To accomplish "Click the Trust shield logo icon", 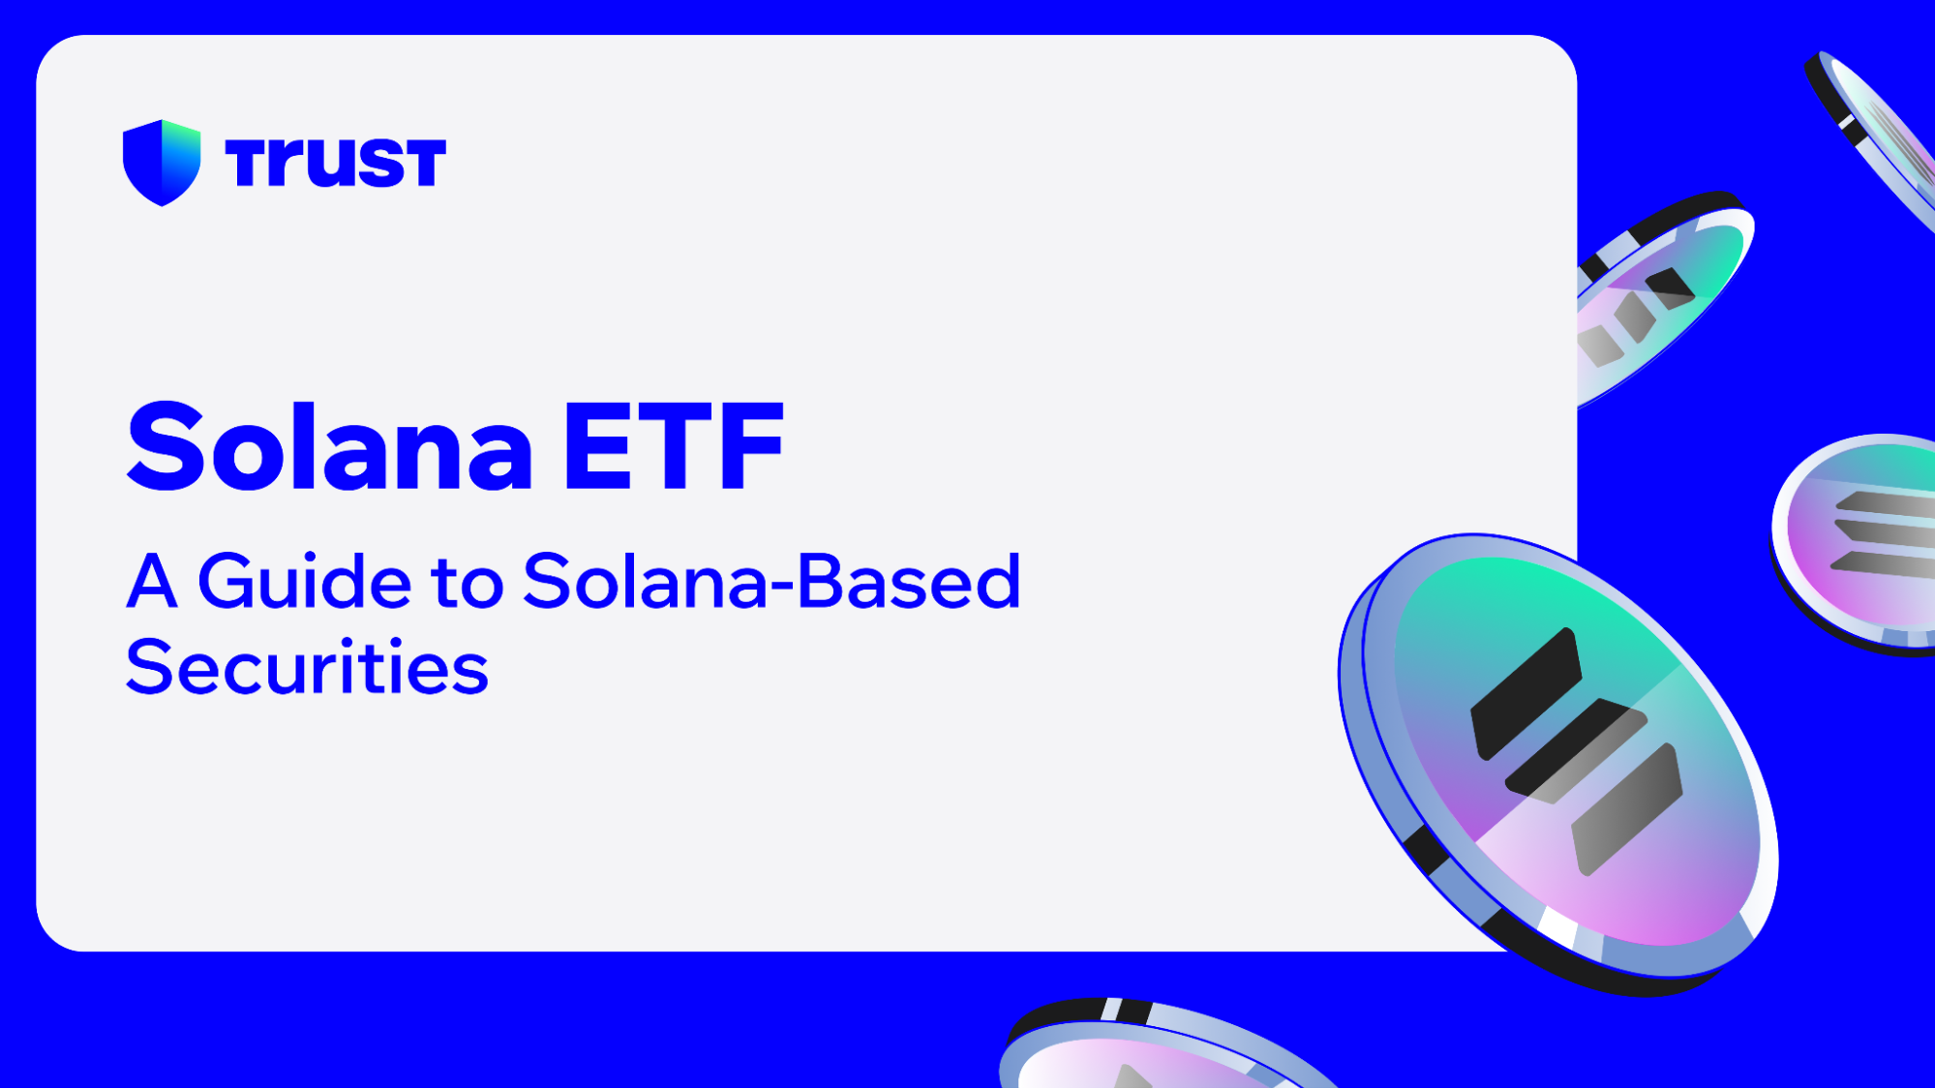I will point(162,162).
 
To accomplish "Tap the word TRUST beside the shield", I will point(335,163).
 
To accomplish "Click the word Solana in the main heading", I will point(329,447).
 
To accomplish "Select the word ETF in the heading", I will point(673,447).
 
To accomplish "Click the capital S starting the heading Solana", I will point(164,447).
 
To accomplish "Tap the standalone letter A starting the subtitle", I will point(152,582).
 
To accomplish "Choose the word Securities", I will point(307,667).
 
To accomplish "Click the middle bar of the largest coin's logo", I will point(1576,753).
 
